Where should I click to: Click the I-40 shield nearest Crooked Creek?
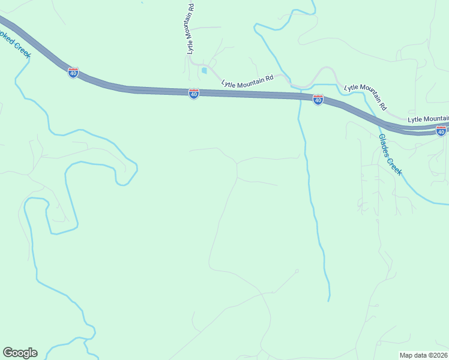73,73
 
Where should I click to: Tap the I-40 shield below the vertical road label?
193,94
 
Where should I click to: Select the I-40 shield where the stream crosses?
318,100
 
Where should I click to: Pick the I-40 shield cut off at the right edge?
441,131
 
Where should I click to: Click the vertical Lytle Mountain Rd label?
190,28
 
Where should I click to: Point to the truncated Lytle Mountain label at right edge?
428,119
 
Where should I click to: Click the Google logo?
20,353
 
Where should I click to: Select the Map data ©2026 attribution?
423,355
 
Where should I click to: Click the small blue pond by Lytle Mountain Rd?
204,71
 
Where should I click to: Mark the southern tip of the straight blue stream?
329,299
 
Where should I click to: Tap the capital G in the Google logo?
8,353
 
